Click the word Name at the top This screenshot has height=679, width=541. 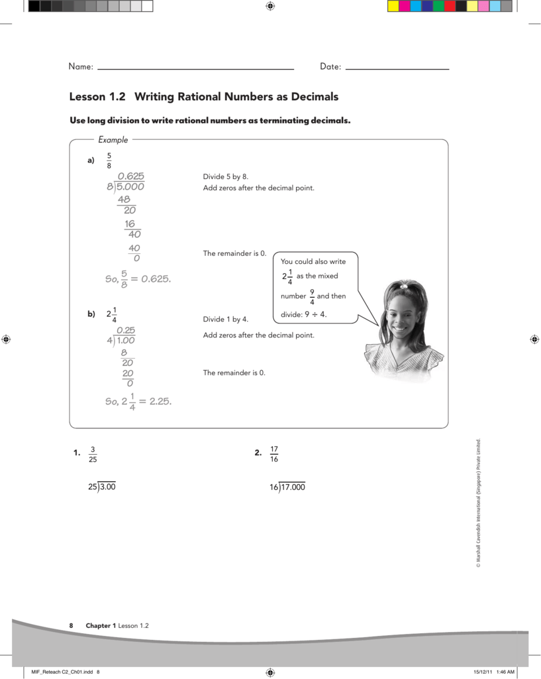click(79, 67)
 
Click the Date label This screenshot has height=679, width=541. click(329, 67)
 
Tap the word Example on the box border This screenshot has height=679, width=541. click(113, 140)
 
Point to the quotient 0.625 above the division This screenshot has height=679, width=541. click(131, 176)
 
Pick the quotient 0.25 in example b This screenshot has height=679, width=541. click(126, 330)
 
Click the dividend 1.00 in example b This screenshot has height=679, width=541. click(126, 341)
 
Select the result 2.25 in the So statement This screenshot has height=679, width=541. click(160, 401)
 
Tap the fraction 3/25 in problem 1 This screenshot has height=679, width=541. click(93, 454)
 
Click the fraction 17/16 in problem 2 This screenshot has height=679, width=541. click(274, 454)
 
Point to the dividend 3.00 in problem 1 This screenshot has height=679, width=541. click(108, 487)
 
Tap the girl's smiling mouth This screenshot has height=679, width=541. click(401, 328)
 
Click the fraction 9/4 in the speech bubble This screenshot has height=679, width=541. click(312, 296)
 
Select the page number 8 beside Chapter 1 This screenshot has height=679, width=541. click(72, 626)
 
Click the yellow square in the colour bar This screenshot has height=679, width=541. click(393, 6)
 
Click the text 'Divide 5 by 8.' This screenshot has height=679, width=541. click(225, 176)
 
